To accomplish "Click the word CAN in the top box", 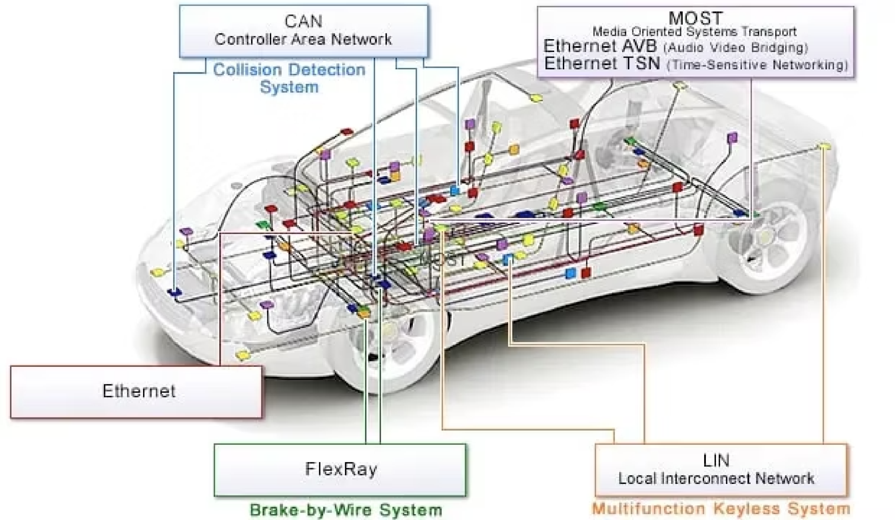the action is [x=303, y=21].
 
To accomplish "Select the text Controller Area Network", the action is [x=303, y=39].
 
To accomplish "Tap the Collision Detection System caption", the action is [x=289, y=78].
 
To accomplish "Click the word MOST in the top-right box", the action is [x=695, y=18].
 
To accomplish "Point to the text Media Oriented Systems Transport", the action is [x=694, y=31].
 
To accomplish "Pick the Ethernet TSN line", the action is [x=696, y=64].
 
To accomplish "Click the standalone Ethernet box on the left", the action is [x=136, y=392].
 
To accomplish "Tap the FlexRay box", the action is [x=340, y=470].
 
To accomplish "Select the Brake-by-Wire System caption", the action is [x=346, y=510].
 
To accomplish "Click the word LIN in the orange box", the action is [x=716, y=461].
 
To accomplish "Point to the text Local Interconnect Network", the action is [x=716, y=478].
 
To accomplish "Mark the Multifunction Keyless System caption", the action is [x=721, y=508].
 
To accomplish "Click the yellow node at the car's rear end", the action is [x=824, y=146].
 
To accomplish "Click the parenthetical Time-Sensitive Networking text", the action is [x=758, y=65].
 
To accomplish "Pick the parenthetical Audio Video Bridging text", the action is [x=736, y=48].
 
